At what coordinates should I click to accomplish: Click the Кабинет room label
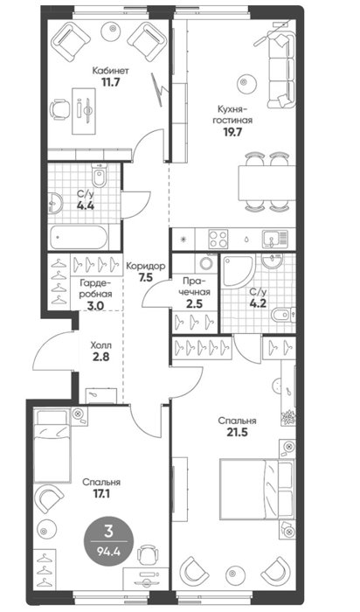(x=110, y=71)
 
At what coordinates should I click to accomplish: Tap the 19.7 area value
(x=232, y=132)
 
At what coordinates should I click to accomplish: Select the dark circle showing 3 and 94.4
(x=109, y=541)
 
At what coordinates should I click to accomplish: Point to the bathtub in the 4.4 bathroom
(x=79, y=237)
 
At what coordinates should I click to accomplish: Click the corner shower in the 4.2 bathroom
(x=238, y=270)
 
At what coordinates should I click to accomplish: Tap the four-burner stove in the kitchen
(x=218, y=239)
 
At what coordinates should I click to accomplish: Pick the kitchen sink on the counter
(x=275, y=239)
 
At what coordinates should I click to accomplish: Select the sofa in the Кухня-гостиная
(x=281, y=70)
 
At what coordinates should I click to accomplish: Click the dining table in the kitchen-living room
(x=267, y=182)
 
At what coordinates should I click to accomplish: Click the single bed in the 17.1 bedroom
(x=52, y=445)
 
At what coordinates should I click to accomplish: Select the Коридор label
(x=145, y=266)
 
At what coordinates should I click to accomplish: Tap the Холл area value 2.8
(x=100, y=357)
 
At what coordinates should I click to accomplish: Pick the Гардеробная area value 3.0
(x=95, y=306)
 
